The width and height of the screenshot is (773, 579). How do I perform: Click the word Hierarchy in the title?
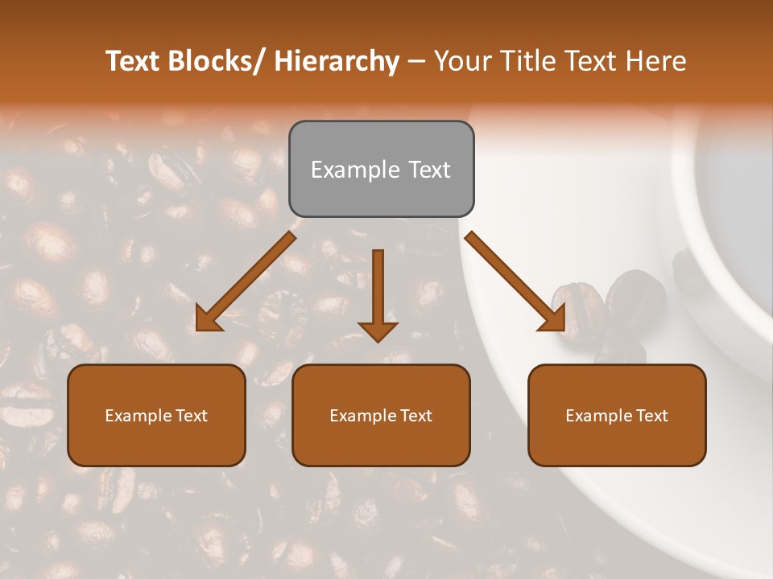click(x=337, y=62)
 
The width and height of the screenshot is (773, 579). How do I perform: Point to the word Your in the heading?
click(x=461, y=62)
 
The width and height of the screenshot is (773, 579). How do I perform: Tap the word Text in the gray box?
click(x=428, y=170)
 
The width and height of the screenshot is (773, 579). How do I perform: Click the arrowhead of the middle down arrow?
click(x=378, y=331)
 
